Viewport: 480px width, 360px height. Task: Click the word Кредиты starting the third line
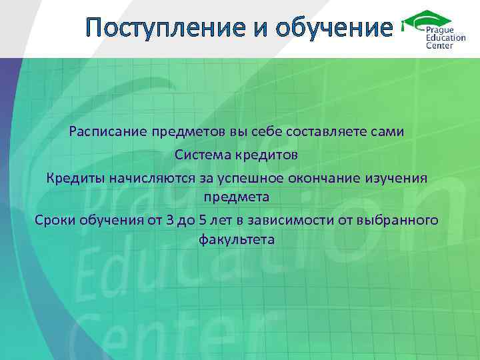pos(74,178)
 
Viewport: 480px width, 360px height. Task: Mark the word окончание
pos(329,178)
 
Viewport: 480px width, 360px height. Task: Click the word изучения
pos(400,178)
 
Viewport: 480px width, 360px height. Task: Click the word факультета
pos(237,239)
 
